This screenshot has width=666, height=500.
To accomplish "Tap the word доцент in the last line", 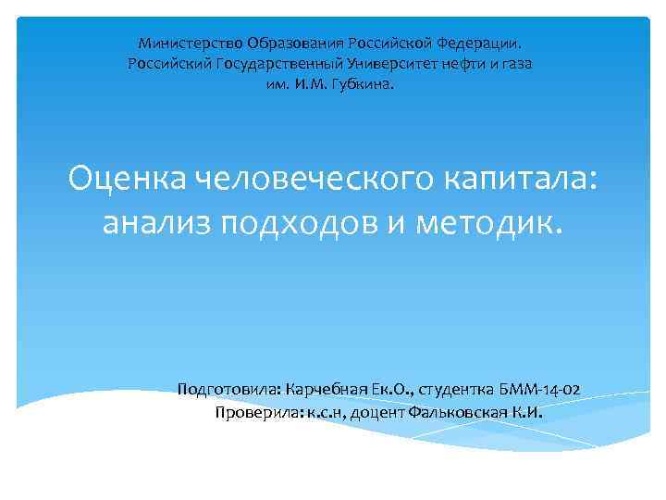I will pyautogui.click(x=378, y=412).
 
